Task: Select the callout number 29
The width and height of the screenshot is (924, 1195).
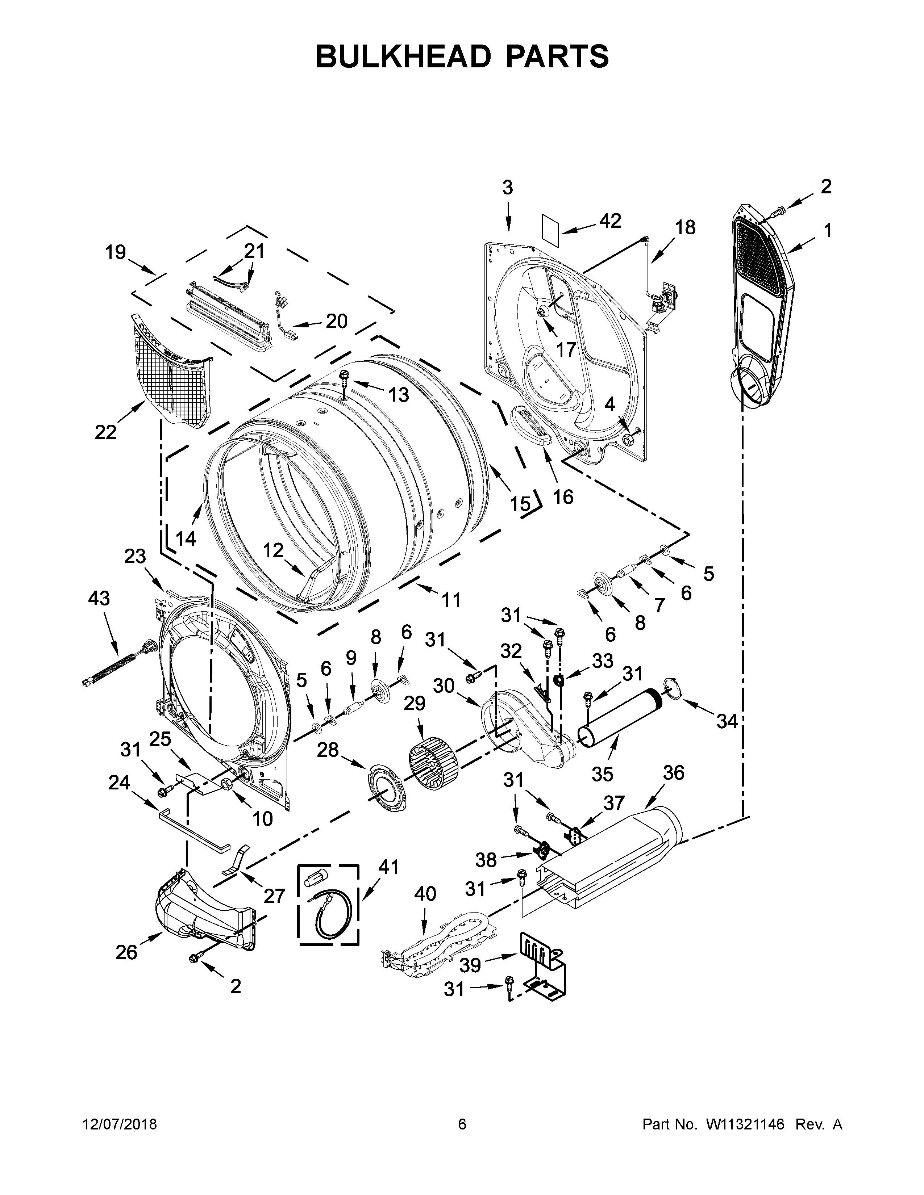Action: coord(415,703)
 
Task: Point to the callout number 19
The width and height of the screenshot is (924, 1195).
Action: coord(116,252)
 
